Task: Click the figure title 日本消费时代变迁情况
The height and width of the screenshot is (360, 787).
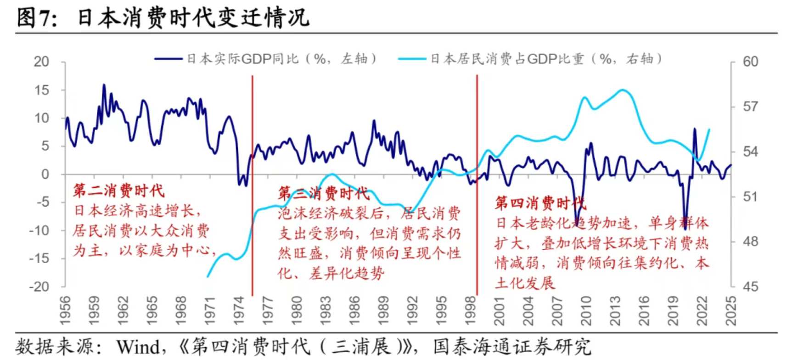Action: coord(193,18)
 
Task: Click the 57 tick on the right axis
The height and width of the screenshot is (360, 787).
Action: coord(751,107)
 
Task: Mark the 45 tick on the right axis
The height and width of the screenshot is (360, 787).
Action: coord(751,287)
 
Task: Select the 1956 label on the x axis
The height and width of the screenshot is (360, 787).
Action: coord(66,310)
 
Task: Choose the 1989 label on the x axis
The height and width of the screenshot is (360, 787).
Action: coord(383,310)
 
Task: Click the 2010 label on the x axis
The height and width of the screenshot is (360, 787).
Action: coord(586,310)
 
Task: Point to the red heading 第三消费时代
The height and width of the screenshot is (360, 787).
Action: coord(324,193)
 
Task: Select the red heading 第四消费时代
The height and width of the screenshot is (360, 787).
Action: coord(540,203)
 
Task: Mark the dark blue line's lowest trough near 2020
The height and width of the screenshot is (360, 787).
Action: coord(685,229)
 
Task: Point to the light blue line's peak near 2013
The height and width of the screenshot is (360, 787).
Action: coord(623,90)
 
